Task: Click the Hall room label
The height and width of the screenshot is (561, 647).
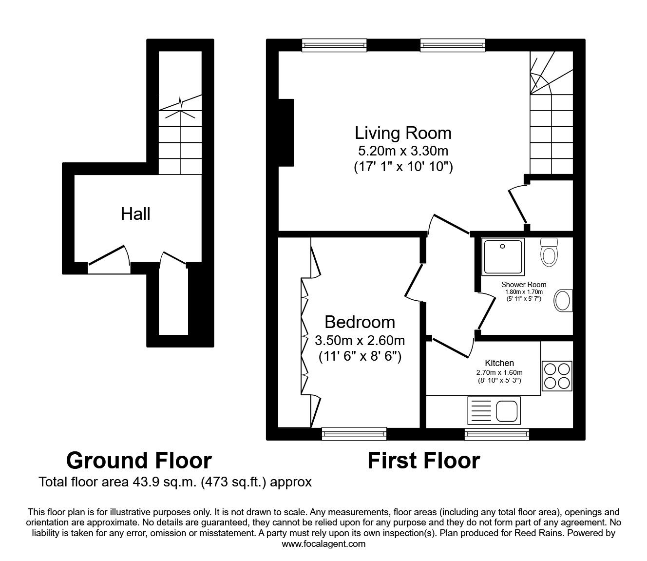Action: click(135, 214)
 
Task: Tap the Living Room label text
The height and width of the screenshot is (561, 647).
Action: click(403, 133)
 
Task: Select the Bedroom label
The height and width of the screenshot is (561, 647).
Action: click(360, 322)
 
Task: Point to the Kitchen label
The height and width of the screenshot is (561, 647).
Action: click(499, 363)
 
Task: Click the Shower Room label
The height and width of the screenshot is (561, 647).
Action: click(524, 285)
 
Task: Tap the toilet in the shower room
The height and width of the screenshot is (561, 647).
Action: click(549, 252)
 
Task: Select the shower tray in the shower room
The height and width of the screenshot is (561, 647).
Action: click(503, 256)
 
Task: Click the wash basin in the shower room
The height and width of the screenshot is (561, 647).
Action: click(563, 300)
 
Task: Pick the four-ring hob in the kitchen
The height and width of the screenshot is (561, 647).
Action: click(557, 376)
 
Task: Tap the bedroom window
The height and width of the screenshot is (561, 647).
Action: click(354, 433)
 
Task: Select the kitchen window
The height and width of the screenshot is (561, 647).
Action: click(497, 433)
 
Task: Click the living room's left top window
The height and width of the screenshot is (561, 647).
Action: click(334, 45)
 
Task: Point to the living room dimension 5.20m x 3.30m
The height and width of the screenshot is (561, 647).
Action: click(403, 151)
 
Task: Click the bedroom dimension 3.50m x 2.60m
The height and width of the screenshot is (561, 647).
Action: click(360, 341)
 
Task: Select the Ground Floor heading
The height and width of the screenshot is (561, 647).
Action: click(139, 461)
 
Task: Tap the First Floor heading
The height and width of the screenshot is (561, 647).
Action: click(424, 461)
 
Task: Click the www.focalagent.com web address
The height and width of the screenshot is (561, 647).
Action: click(323, 544)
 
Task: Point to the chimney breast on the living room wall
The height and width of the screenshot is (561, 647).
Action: click(286, 133)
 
